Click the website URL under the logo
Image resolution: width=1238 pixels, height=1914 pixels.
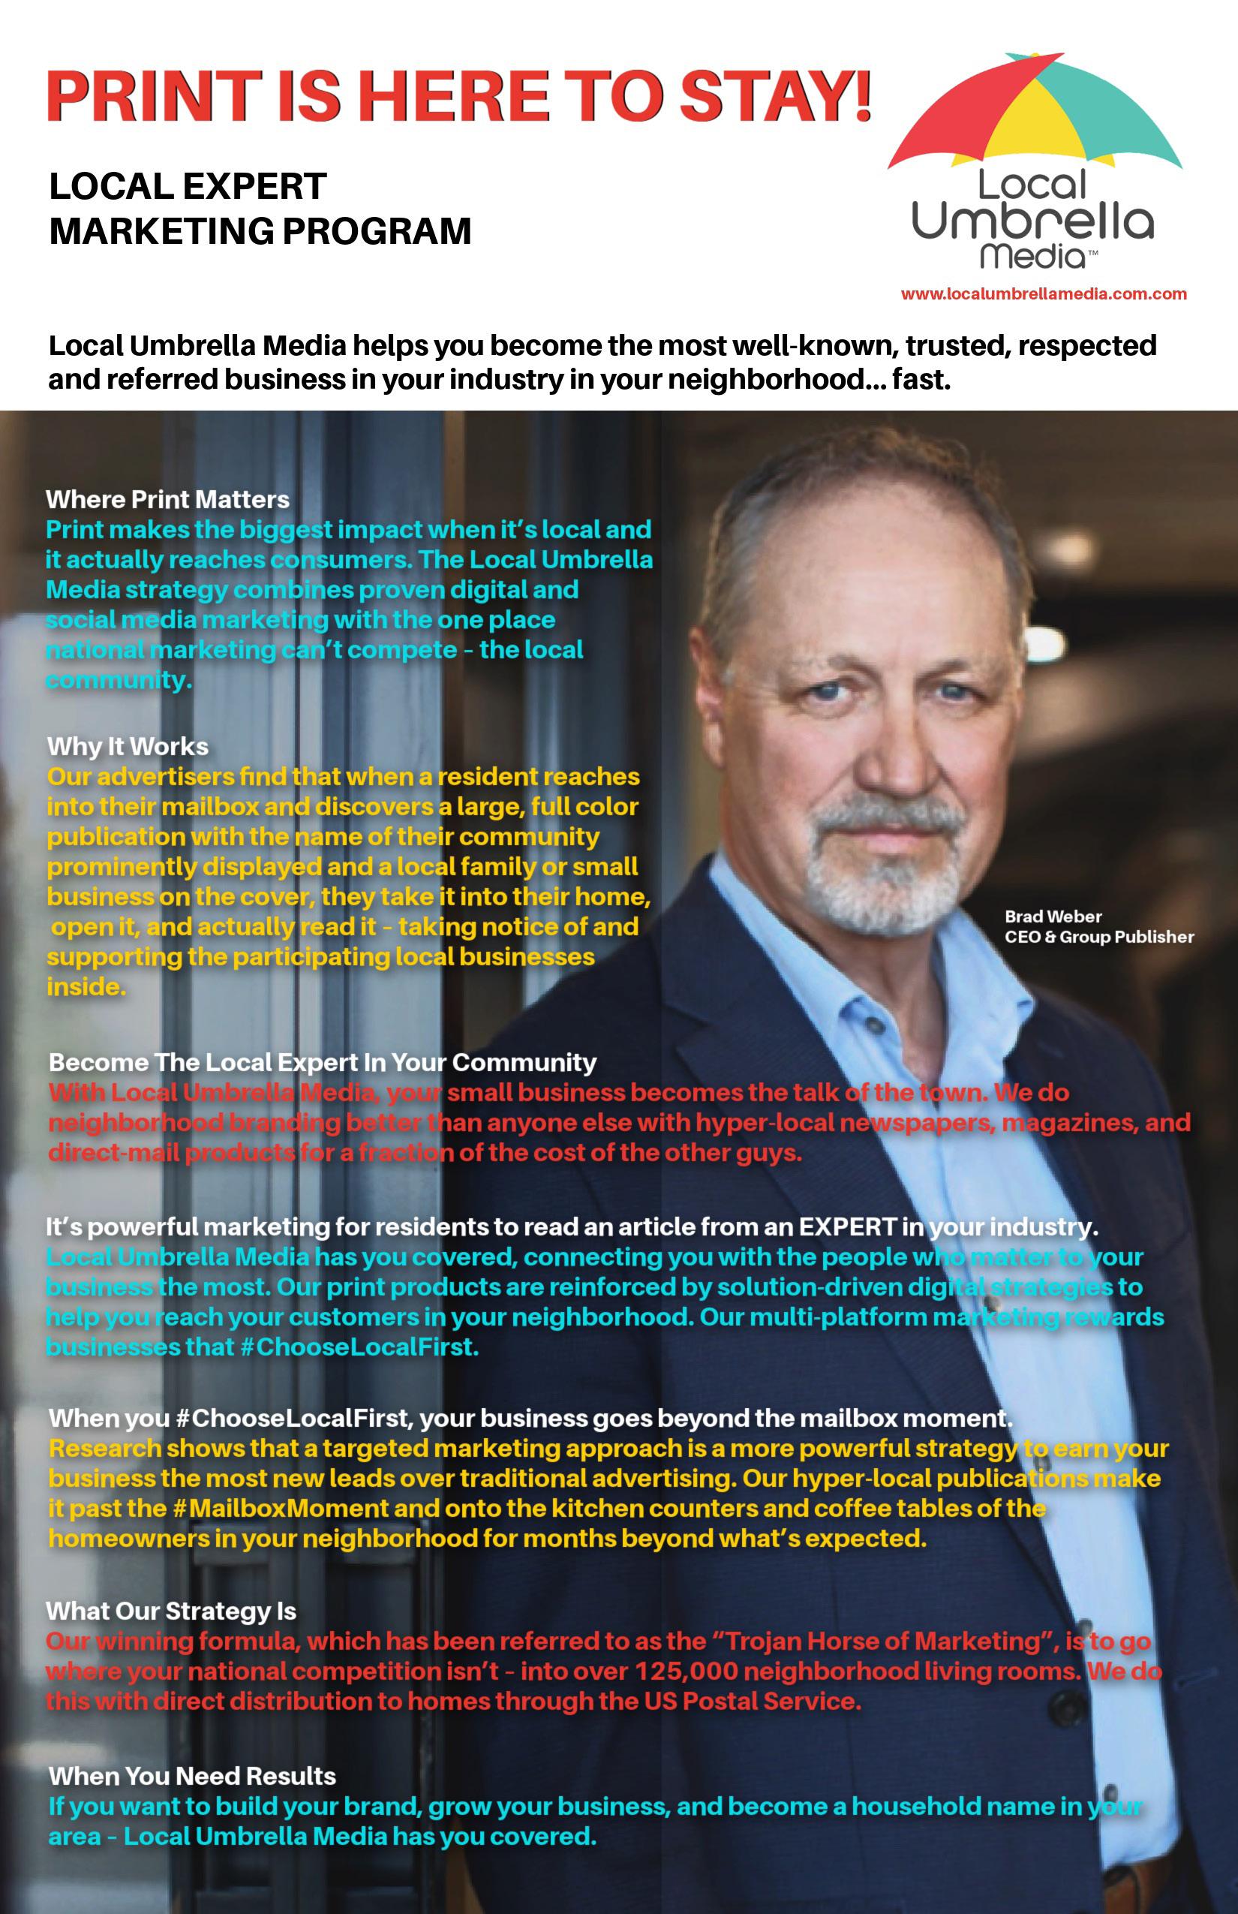click(1043, 294)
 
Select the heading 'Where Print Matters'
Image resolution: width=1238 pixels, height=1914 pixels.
click(167, 499)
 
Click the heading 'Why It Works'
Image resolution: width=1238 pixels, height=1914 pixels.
click(128, 746)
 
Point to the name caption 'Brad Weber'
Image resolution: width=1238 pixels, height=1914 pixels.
click(1052, 916)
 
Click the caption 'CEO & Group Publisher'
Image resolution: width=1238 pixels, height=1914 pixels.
click(1099, 937)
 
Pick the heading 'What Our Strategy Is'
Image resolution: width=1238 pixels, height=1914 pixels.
click(171, 1611)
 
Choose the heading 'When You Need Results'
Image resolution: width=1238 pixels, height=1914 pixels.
click(192, 1776)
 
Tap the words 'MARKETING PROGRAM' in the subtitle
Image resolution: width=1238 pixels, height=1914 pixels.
click(260, 232)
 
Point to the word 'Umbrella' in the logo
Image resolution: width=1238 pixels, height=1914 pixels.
click(1032, 222)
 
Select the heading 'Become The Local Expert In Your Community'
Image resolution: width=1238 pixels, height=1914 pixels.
click(323, 1062)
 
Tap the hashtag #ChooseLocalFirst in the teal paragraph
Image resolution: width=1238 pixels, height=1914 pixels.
click(359, 1347)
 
